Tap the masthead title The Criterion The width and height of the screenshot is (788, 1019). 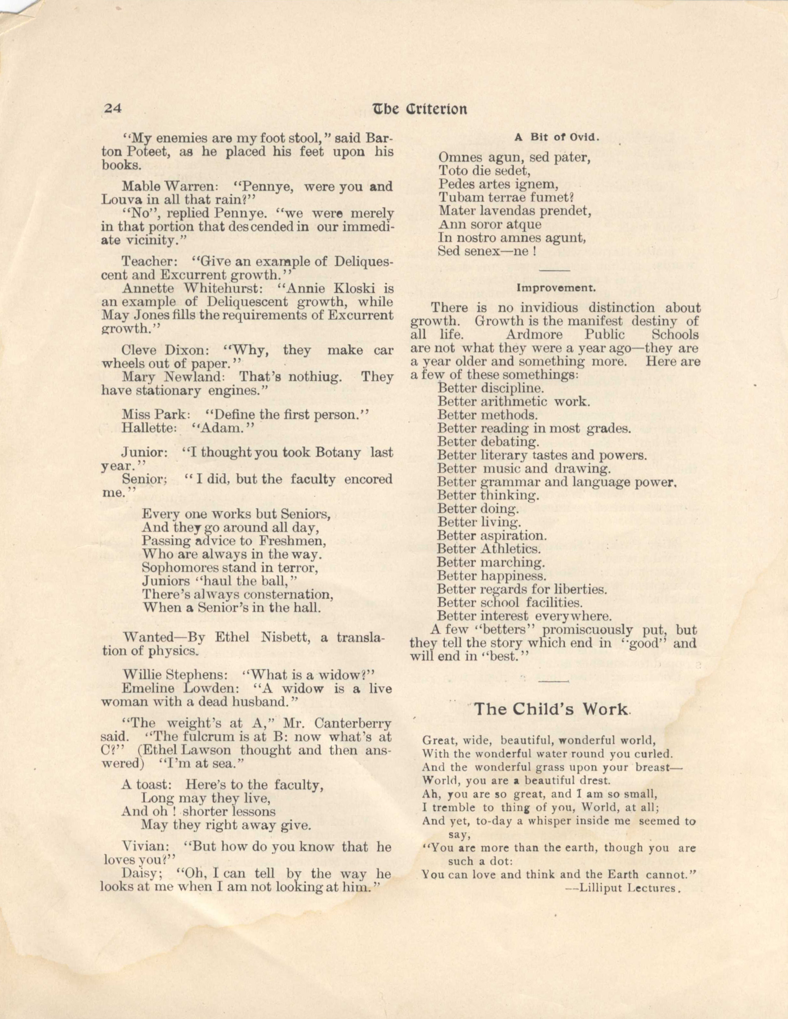click(419, 109)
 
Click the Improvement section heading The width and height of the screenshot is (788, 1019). click(556, 288)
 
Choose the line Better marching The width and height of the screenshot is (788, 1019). click(491, 563)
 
